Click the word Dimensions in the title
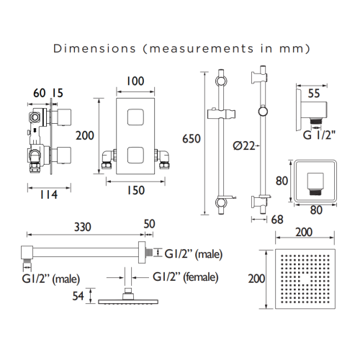tap(94, 48)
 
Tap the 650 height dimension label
tap(192, 139)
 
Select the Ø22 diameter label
tap(244, 145)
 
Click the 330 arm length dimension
tap(83, 227)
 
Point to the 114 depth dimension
tap(49, 194)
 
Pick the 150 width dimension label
tap(135, 190)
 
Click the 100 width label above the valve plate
tap(135, 81)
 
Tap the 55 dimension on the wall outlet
tap(314, 94)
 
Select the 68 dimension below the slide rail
tap(277, 220)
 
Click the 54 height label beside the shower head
tap(78, 296)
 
